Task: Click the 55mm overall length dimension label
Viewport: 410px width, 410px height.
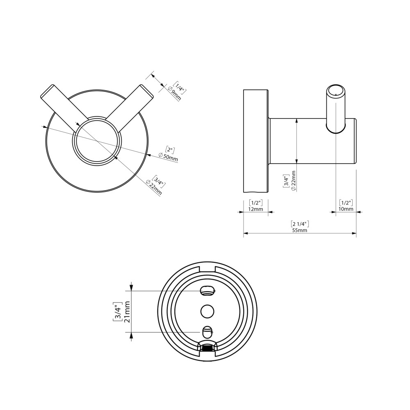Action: [300, 230]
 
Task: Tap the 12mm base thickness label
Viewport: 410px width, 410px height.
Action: [255, 209]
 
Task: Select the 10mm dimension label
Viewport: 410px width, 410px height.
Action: [346, 209]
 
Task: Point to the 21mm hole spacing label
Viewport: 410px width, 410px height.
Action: [128, 312]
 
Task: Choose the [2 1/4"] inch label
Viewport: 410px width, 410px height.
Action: [300, 224]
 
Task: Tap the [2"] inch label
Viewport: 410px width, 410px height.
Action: [170, 150]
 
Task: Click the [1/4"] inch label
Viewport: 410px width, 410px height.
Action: [180, 88]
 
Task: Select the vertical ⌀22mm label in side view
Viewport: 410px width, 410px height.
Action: [293, 181]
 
